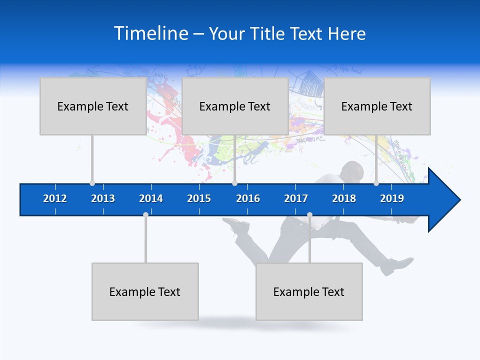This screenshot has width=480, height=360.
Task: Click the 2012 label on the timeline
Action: click(x=55, y=198)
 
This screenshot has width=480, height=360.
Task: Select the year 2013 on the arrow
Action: click(x=103, y=198)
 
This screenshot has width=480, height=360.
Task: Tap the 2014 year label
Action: click(x=151, y=198)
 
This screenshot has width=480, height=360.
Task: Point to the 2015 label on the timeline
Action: click(x=199, y=198)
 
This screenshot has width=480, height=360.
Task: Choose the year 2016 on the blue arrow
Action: click(x=248, y=198)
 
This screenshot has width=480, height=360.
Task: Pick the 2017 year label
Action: click(x=296, y=198)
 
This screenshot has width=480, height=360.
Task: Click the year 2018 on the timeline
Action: click(x=344, y=198)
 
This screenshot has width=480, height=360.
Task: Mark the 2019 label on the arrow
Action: click(x=392, y=198)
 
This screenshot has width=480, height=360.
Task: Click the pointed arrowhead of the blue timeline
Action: click(x=447, y=200)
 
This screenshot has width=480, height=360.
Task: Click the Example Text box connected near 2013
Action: click(x=93, y=106)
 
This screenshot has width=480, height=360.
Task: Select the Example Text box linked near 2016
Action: click(x=235, y=106)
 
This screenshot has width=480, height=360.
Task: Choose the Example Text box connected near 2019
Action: click(x=377, y=106)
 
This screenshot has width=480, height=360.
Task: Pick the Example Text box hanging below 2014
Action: click(x=145, y=291)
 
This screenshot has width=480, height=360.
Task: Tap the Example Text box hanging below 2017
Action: click(x=309, y=291)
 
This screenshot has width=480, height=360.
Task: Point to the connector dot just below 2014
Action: click(x=145, y=214)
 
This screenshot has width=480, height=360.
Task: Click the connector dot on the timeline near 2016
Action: click(x=234, y=183)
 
